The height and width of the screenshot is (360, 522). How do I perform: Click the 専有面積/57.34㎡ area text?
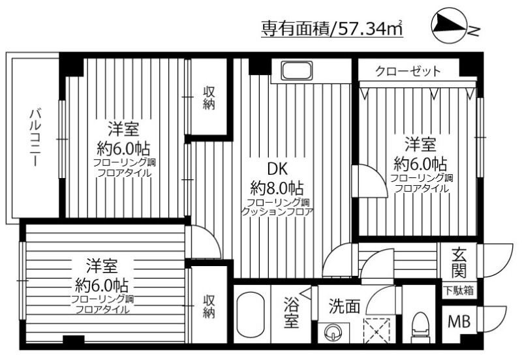point(331,29)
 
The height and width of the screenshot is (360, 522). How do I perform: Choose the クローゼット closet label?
point(408,70)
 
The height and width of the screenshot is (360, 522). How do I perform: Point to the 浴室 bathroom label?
point(292,313)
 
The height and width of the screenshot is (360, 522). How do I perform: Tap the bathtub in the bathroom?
point(249,316)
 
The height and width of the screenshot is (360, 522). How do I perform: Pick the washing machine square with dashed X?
point(376,329)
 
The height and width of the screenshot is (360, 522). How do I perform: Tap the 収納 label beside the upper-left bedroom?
point(208,98)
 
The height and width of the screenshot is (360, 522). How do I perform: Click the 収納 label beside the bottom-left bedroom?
point(208,307)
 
